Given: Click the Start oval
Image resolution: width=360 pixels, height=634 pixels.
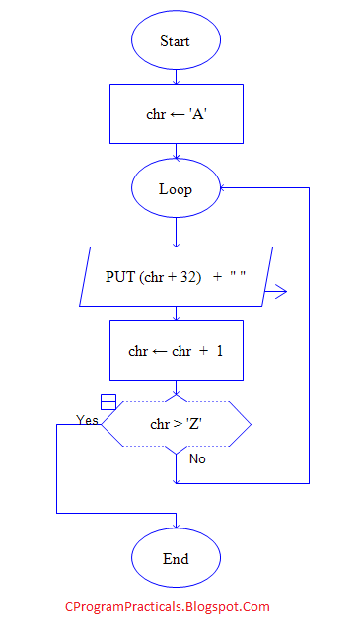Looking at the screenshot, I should click(176, 41).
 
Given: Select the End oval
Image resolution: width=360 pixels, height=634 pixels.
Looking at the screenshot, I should click(176, 559).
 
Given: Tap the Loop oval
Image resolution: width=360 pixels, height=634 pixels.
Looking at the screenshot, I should click(176, 189).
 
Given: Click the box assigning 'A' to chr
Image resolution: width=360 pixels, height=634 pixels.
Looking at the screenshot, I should click(176, 114).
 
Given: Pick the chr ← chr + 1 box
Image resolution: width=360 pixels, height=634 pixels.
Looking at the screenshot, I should click(176, 350).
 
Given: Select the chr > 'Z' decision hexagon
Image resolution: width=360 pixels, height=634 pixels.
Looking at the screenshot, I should click(176, 424).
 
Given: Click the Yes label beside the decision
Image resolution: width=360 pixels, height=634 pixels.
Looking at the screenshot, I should click(87, 420).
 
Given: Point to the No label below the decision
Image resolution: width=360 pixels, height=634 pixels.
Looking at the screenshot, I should click(197, 458).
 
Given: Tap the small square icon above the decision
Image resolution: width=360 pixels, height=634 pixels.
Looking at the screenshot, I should click(108, 401).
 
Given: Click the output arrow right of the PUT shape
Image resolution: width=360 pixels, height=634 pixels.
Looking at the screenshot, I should click(276, 291).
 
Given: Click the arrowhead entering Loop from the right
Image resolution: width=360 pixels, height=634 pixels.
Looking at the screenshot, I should click(225, 188).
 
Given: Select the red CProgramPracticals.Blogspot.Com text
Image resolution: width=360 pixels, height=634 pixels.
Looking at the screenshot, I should click(167, 608).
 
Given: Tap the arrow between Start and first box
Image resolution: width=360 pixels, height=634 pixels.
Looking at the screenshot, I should click(176, 77).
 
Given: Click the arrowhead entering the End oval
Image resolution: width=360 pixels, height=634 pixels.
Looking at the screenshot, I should click(176, 527).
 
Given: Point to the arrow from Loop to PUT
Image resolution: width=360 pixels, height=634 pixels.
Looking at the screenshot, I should click(176, 233).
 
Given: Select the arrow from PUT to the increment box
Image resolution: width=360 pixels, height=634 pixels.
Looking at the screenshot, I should click(176, 314).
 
